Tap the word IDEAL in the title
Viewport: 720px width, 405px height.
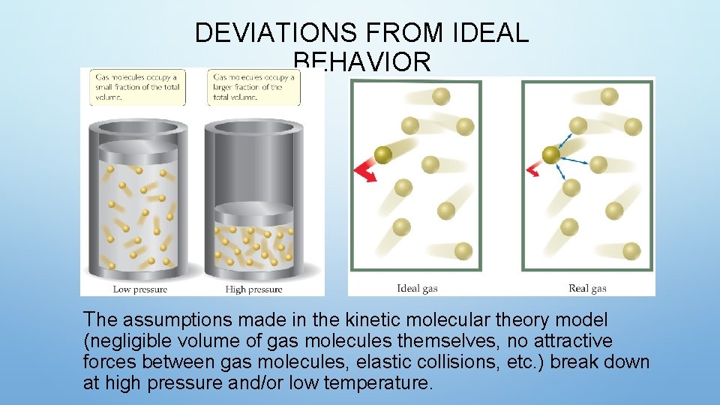click(x=491, y=33)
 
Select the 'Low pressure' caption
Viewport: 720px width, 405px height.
click(x=139, y=289)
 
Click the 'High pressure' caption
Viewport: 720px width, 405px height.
click(x=253, y=289)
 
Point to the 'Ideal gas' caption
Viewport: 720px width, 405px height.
click(x=417, y=288)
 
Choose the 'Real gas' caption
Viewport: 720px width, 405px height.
click(x=587, y=288)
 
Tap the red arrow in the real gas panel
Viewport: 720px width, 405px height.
click(x=534, y=169)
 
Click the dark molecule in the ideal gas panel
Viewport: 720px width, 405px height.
click(x=382, y=155)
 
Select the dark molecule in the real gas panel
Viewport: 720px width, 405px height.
click(x=551, y=155)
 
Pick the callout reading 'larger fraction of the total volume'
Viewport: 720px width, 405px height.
click(x=253, y=87)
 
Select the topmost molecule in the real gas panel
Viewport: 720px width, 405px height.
click(x=610, y=96)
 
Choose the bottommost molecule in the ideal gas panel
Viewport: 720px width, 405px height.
click(x=463, y=250)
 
